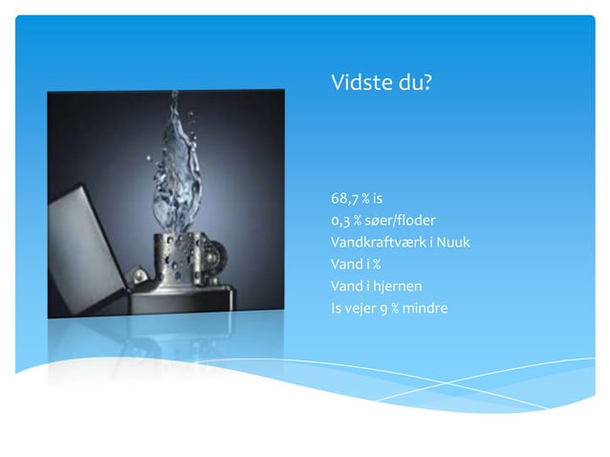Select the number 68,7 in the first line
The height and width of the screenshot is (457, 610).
coord(345,199)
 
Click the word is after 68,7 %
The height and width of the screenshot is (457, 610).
coord(378,199)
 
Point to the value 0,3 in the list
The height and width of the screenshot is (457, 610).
coord(341,221)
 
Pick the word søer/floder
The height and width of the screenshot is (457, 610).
coord(401,221)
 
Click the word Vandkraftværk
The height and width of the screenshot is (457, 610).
coord(377,242)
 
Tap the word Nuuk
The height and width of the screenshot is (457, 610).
coord(452,242)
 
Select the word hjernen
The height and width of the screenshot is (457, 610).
coord(397,286)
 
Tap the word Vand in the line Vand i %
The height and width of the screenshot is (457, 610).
coord(345,264)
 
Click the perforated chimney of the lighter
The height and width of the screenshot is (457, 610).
coord(178,258)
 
